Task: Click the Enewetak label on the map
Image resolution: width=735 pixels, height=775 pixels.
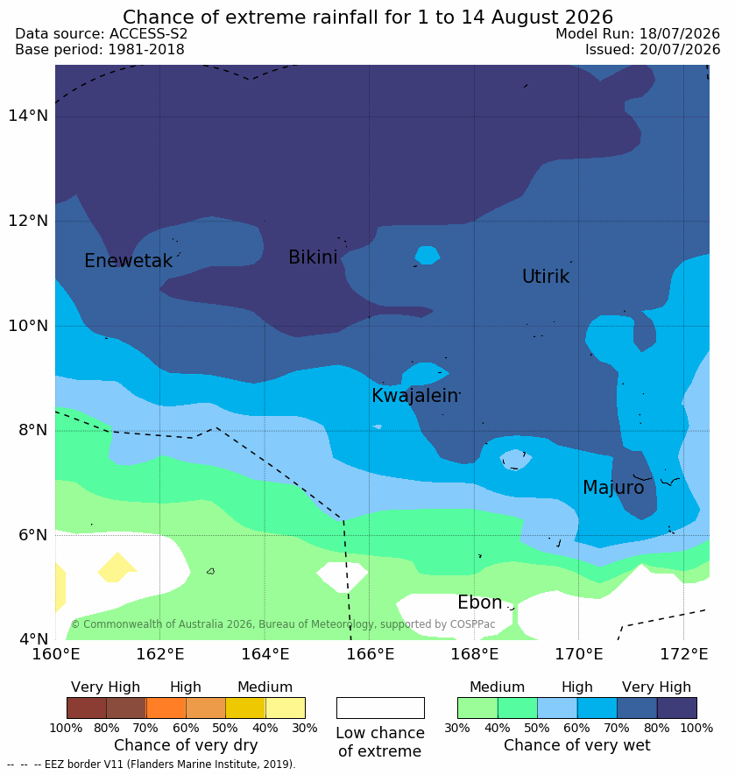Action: point(129,260)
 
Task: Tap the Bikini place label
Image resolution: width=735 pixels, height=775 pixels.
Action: point(313,257)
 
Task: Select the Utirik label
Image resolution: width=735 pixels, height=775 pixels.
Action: point(546,277)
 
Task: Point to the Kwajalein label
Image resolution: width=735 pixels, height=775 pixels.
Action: point(414,396)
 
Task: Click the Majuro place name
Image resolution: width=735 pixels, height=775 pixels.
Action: point(613,488)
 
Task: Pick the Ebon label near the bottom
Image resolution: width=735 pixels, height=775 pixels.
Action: point(480,602)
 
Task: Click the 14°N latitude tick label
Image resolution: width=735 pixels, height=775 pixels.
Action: point(28,116)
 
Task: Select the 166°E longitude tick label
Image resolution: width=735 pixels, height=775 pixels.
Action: point(370,654)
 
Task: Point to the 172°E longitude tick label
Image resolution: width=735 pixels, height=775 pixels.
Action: point(683,654)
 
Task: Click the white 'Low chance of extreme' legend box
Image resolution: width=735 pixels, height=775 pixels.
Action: point(380,708)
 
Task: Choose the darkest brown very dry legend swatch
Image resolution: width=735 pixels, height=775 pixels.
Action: point(87,708)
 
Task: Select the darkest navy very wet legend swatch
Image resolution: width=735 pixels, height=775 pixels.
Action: point(676,708)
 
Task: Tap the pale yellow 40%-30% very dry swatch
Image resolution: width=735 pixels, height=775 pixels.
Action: point(286,708)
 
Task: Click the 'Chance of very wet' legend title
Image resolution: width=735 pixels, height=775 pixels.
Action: point(576,745)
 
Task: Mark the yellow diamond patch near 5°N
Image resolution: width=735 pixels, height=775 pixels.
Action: point(117,567)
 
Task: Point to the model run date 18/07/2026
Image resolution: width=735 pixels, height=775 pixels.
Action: point(680,33)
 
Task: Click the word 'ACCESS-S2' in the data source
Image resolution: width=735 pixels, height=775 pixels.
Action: point(148,33)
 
